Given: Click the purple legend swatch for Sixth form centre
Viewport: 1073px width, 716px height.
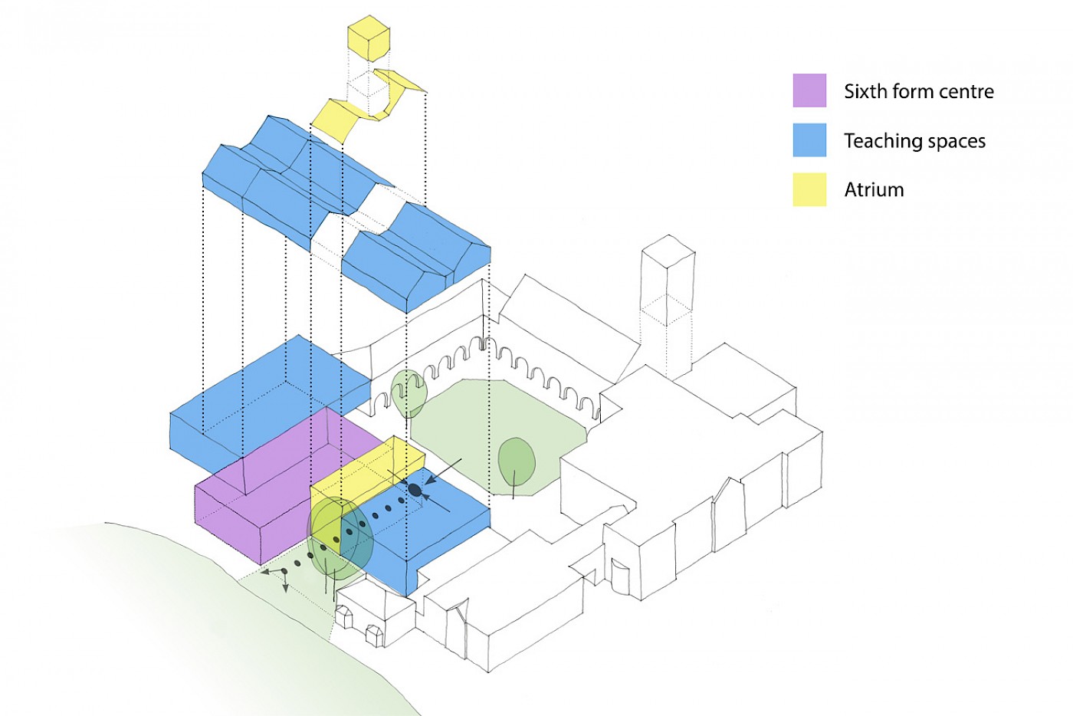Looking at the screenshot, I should click(x=809, y=90).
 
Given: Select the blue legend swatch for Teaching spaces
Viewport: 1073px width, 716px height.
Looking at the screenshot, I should click(x=809, y=140).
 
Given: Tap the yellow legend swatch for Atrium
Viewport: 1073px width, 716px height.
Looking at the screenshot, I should click(x=809, y=189).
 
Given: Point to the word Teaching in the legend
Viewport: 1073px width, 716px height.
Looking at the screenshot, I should click(x=880, y=141).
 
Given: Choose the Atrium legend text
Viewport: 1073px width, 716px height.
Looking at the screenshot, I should click(x=874, y=190).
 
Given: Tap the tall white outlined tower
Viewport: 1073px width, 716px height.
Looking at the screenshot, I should click(x=668, y=307).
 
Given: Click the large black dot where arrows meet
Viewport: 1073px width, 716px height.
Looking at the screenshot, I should click(x=415, y=489).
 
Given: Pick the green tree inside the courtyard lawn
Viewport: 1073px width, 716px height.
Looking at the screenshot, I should click(x=517, y=461).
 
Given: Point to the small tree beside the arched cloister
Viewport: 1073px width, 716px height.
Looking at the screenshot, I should click(x=409, y=392).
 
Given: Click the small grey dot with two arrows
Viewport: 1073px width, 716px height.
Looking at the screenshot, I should click(x=284, y=572).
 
